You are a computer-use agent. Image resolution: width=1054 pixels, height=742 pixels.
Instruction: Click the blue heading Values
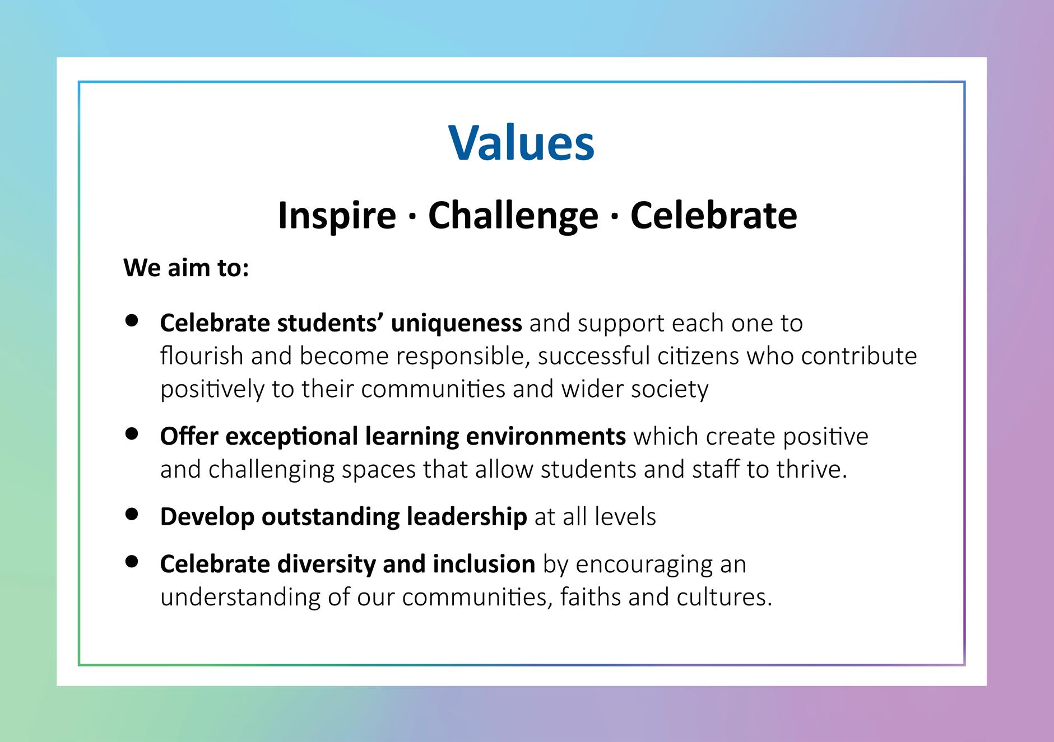click(x=521, y=142)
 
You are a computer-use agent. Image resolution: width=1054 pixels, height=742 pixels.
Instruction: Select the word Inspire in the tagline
click(x=337, y=216)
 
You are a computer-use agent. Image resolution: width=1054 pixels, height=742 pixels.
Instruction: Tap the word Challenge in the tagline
click(x=513, y=216)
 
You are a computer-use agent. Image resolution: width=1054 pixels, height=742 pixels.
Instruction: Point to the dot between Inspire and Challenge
click(x=412, y=217)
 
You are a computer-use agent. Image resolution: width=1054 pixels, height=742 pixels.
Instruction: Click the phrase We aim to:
click(x=186, y=268)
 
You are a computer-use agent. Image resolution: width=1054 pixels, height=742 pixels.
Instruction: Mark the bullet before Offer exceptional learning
click(x=132, y=434)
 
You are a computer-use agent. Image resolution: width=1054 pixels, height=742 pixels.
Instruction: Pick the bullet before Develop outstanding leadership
click(x=132, y=514)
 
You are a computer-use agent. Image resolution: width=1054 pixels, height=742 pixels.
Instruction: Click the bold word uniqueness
click(x=457, y=324)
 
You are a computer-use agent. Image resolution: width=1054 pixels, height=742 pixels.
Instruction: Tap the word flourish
click(x=202, y=356)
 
